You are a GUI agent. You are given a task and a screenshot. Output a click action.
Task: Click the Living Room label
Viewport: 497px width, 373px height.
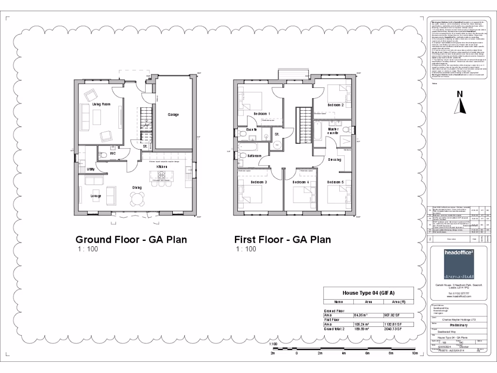point(101,104)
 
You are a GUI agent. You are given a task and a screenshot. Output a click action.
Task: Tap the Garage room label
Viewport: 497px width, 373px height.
point(173,115)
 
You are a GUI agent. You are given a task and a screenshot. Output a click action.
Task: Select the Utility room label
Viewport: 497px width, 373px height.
point(91,169)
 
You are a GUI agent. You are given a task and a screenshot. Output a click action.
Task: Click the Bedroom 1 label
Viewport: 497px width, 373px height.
point(262,114)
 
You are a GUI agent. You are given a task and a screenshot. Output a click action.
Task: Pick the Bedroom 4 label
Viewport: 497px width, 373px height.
point(300,182)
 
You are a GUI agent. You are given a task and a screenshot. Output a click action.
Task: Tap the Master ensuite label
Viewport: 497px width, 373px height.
point(333,131)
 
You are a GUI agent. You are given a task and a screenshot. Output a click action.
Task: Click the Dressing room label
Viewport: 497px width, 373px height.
point(334,159)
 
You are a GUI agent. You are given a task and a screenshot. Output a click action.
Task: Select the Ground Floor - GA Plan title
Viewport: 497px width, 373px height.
point(131,239)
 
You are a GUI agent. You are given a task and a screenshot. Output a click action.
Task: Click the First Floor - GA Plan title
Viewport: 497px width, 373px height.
point(282,239)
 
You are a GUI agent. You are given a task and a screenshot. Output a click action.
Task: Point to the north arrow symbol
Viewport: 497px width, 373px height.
point(461,102)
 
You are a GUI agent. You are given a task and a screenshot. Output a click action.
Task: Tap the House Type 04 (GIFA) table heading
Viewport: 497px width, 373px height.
point(368,293)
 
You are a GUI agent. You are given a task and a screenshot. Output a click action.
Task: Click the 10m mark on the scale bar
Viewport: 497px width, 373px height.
point(414,353)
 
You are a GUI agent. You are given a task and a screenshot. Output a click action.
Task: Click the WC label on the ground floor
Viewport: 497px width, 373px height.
point(113,153)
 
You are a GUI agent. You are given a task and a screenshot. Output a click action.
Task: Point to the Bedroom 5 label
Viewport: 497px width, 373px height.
point(335,182)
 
